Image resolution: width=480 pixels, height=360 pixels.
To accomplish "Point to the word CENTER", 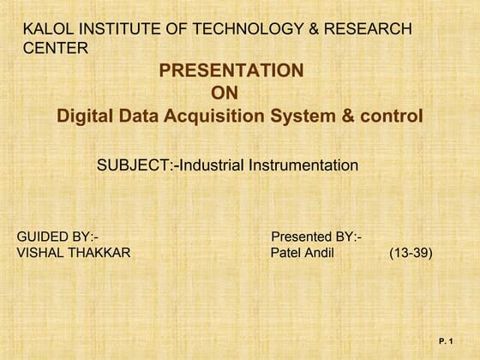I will pos(55,48).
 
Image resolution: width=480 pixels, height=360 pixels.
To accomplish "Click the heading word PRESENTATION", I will pos(231,70).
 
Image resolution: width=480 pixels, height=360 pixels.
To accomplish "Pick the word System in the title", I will pos(311,116).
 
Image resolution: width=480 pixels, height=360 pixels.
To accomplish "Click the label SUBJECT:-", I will pos(135,165).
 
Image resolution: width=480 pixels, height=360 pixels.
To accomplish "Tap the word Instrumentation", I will pos(303,165).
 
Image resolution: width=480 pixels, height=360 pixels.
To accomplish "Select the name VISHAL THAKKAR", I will pos(74,253).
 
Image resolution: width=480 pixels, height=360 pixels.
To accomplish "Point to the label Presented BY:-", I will pos(315,236).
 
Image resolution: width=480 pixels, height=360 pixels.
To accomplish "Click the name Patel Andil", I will pos(302,253).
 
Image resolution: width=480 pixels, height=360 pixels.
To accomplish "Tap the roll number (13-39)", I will pos(411,253).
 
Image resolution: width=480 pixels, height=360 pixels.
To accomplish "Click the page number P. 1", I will pos(445,342).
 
